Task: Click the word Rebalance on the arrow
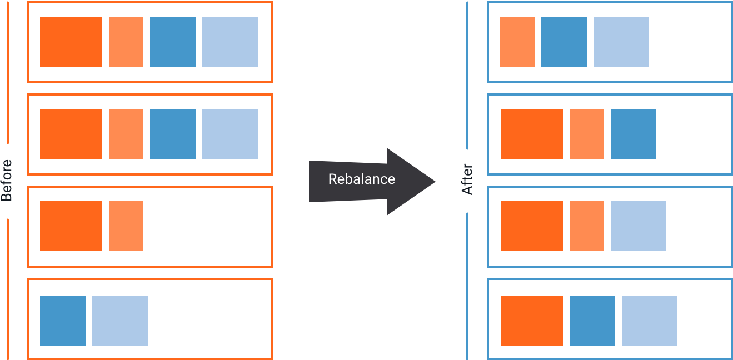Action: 361,179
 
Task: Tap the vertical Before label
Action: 7,181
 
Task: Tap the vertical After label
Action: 468,179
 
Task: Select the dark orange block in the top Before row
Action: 71,42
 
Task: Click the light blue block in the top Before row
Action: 230,42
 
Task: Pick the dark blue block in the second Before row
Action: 173,134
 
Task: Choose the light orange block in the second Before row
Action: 126,134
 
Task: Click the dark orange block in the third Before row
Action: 71,226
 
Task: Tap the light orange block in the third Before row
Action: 126,226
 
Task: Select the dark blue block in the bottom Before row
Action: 63,321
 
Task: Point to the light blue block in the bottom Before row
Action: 120,321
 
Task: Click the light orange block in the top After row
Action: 517,42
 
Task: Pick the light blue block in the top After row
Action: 621,42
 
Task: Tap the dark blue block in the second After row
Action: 634,134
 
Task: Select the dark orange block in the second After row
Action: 532,134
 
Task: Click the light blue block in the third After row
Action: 639,226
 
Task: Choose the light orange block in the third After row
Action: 587,226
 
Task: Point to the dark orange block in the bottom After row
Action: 532,321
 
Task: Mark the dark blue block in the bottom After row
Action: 592,321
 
